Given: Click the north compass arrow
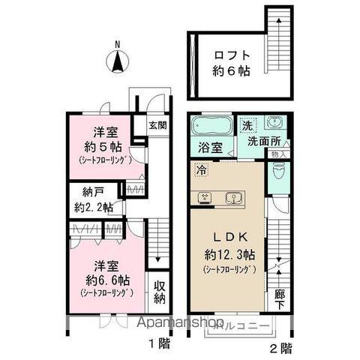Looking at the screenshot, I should tap(118, 61).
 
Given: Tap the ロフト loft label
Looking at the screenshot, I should tap(229, 55).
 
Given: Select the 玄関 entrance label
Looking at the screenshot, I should tap(157, 126).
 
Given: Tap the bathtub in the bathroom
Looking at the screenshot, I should tap(211, 125).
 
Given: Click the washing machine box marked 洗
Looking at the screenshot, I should tap(247, 125).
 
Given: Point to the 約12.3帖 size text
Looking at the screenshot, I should tap(227, 253).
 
